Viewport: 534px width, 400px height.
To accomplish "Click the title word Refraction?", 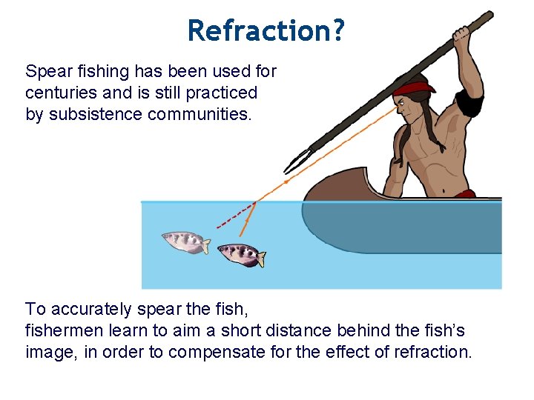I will [x=266, y=31].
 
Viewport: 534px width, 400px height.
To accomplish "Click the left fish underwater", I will [x=185, y=241].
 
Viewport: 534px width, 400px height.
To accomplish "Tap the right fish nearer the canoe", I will [x=240, y=254].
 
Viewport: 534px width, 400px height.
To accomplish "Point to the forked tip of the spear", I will [x=295, y=159].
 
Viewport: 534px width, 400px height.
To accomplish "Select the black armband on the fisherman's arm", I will [x=469, y=104].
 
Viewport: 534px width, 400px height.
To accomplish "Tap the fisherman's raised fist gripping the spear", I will [x=464, y=34].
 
